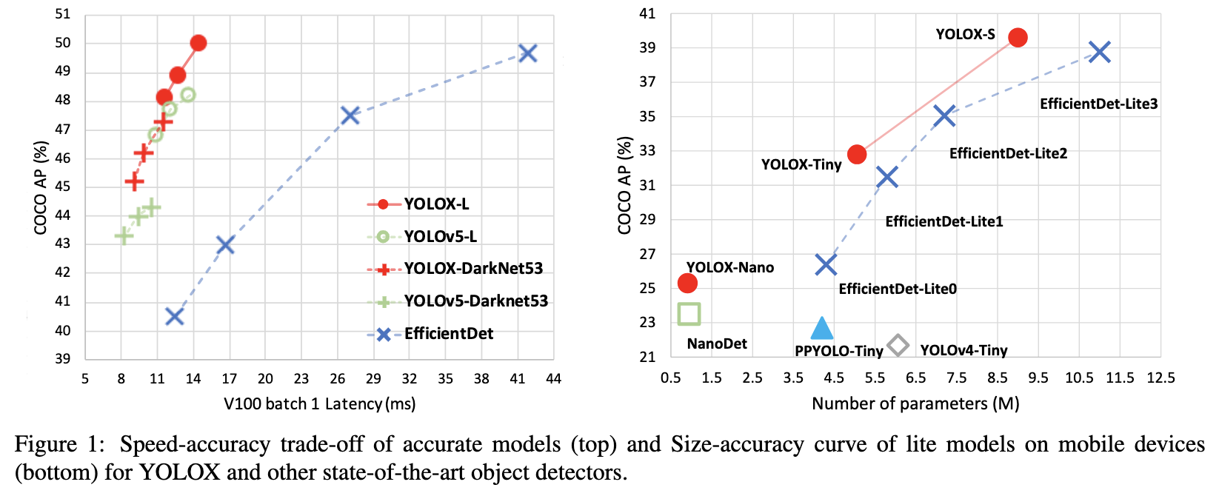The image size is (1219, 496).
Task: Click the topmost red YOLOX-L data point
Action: (x=198, y=43)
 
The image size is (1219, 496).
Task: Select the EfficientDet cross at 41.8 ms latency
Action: (x=527, y=53)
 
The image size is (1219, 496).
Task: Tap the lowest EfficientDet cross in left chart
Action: (x=174, y=316)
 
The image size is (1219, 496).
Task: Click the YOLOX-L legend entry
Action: (x=436, y=204)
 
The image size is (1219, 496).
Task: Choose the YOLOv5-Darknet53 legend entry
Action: (x=475, y=301)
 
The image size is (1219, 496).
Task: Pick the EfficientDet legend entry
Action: (x=448, y=333)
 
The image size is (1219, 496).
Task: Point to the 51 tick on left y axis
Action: (x=63, y=14)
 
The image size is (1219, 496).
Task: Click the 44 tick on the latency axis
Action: (x=553, y=378)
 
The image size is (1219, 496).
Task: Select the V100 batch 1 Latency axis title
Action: (x=319, y=403)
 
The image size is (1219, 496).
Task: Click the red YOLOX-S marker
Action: (x=1018, y=38)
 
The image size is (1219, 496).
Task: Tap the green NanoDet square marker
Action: (x=689, y=314)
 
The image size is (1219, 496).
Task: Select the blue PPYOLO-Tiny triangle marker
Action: (x=821, y=329)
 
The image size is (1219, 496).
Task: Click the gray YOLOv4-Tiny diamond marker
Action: (x=898, y=345)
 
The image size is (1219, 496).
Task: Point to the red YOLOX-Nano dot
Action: (x=687, y=283)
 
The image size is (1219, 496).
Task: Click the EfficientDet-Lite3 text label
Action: (x=1098, y=104)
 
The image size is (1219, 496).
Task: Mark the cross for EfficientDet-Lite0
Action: (x=826, y=264)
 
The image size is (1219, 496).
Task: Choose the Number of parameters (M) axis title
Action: (x=915, y=403)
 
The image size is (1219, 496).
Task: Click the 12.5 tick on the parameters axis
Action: (x=1160, y=378)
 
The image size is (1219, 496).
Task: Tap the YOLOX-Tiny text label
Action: (x=801, y=164)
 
